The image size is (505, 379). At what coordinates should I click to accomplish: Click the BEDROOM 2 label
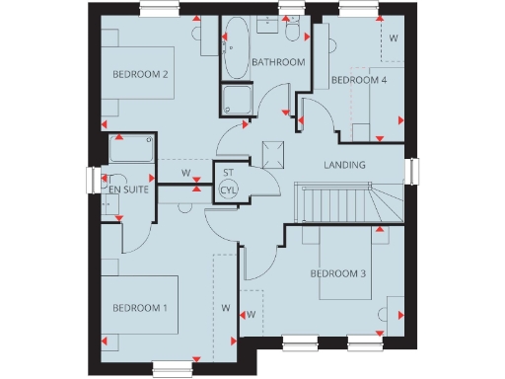point(140,75)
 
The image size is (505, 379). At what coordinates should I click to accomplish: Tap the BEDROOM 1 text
point(138,309)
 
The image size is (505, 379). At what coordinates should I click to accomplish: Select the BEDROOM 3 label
point(338,272)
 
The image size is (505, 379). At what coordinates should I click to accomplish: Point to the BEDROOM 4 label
point(358,80)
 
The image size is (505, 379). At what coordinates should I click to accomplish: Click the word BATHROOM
point(278,62)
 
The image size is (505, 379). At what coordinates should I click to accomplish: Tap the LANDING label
point(344,165)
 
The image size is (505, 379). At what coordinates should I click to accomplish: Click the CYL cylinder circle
point(229,189)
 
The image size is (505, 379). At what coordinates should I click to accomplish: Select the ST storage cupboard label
point(228,173)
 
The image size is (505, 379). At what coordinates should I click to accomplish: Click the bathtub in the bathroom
point(237,50)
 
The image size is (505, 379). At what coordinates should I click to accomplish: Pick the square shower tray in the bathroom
point(237,100)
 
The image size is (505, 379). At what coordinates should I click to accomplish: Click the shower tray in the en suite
point(131,149)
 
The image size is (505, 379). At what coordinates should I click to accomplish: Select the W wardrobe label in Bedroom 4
point(393,39)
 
